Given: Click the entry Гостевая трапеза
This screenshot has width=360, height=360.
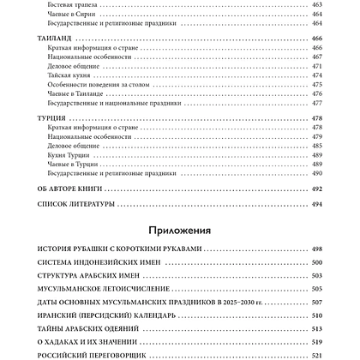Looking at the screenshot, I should click(72, 5).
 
